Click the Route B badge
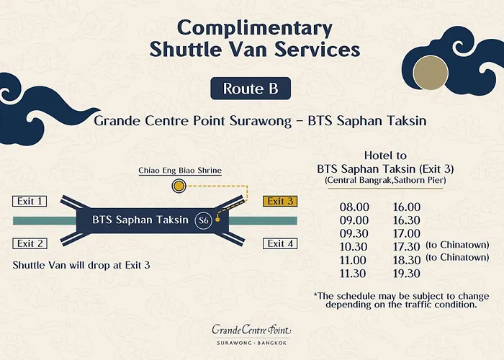point(251,89)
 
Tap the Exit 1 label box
point(31,202)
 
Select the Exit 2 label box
point(31,243)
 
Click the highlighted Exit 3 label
point(281,202)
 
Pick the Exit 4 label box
point(281,243)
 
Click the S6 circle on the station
point(204,220)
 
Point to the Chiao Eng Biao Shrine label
point(180,171)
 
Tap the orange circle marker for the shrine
point(178,187)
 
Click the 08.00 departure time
point(354,207)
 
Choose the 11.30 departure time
point(354,274)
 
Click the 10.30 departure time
point(354,247)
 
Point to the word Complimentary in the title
point(255,28)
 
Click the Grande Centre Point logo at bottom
point(251,333)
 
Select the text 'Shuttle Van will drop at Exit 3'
point(81,265)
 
